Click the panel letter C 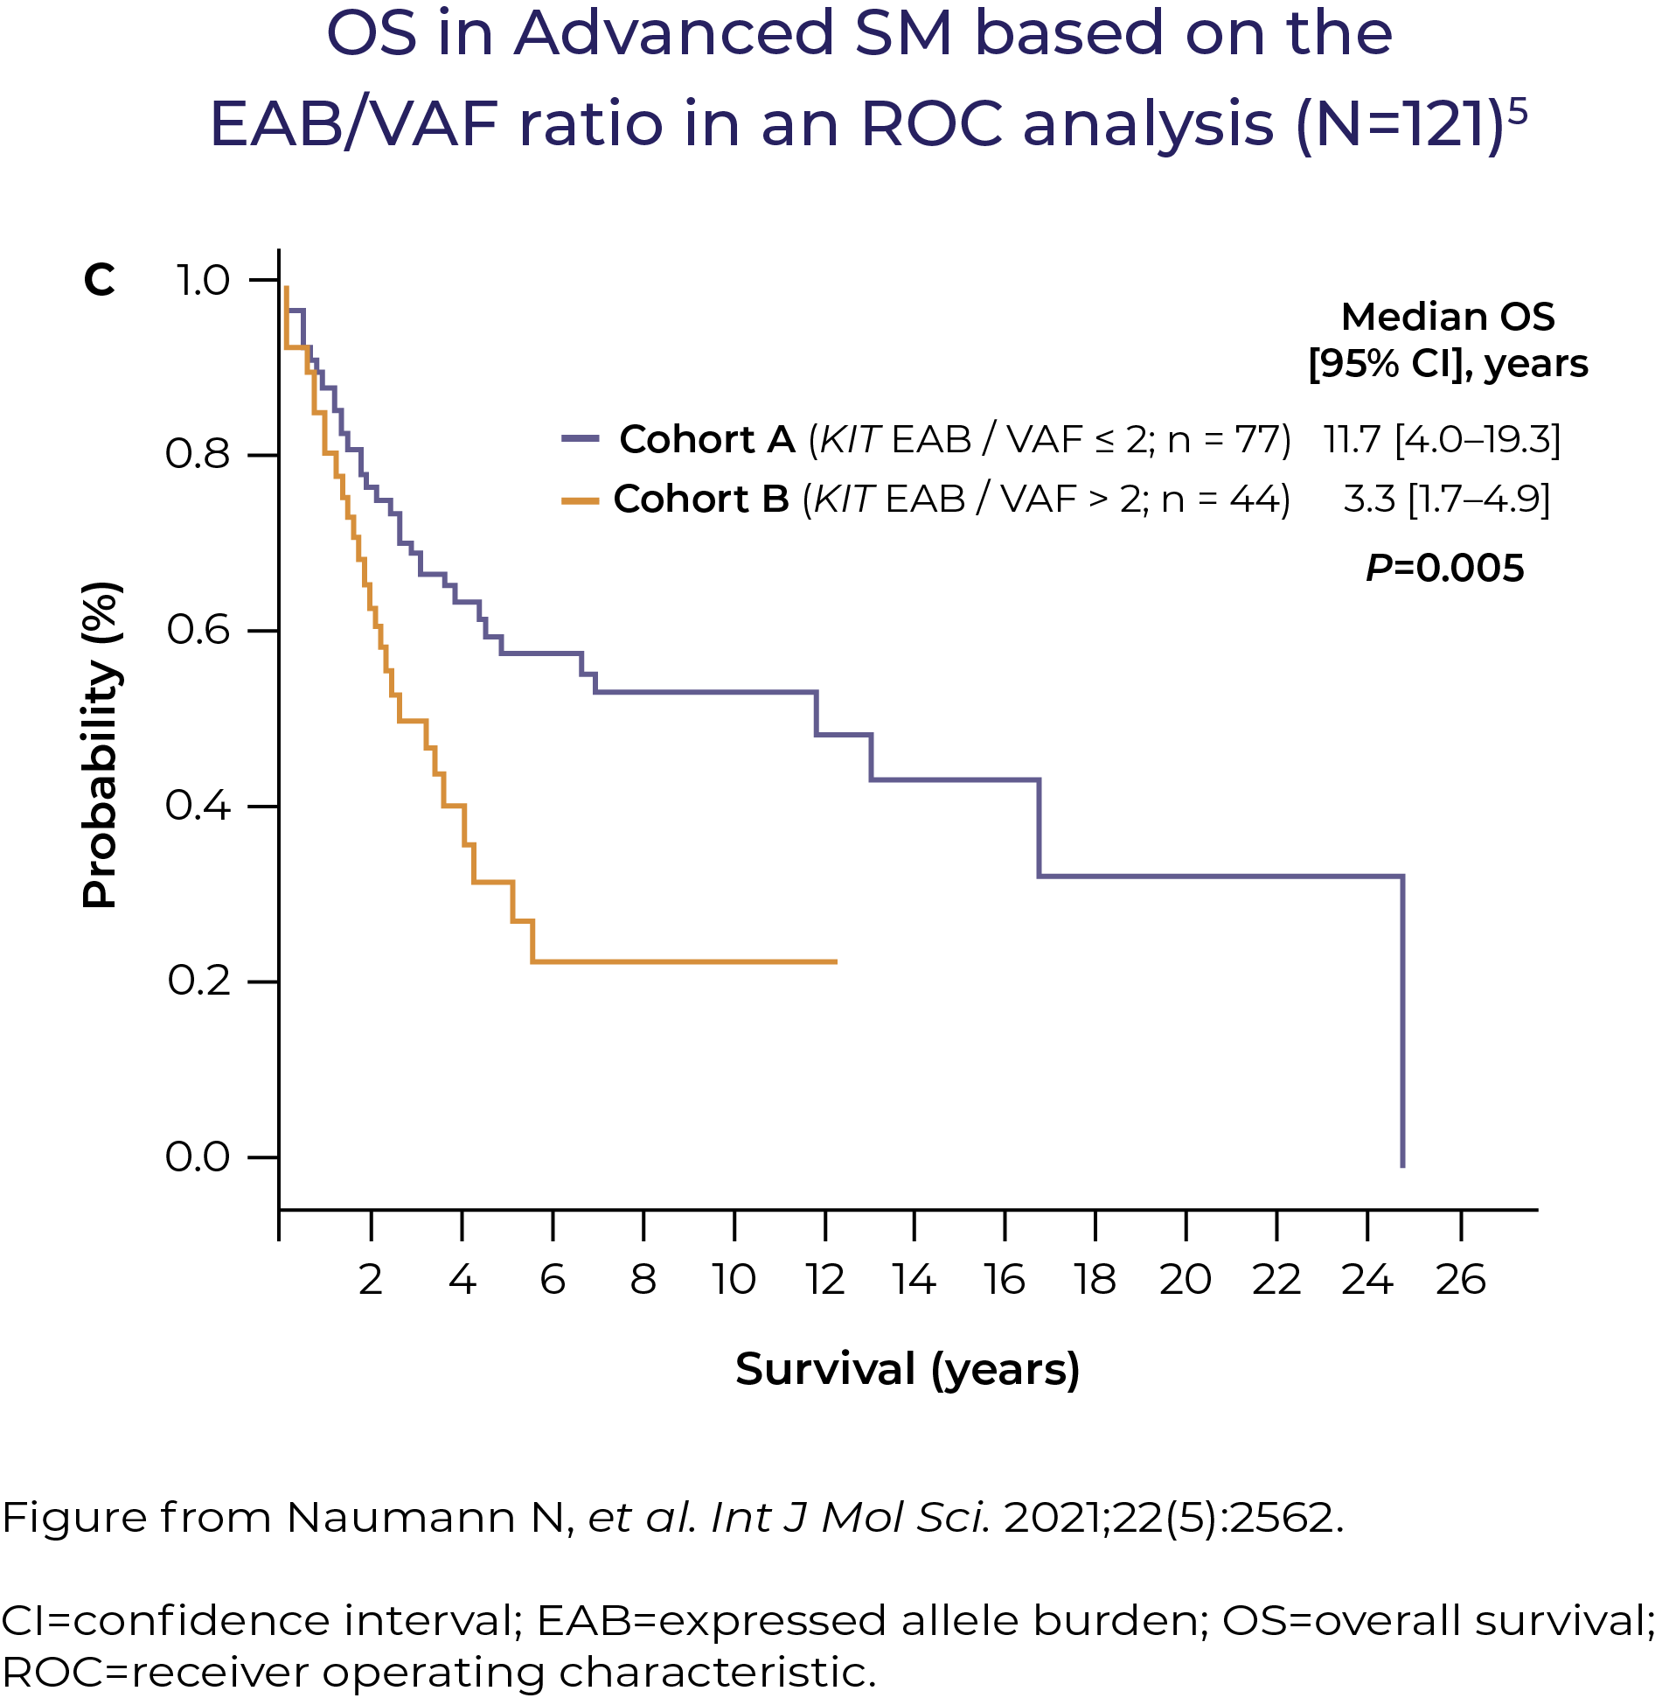pos(99,281)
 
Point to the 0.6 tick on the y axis pos(264,631)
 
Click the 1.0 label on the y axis pos(203,281)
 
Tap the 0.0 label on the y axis pos(198,1156)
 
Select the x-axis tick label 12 pos(824,1280)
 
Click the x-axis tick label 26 pos(1460,1280)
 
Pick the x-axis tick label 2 pos(371,1280)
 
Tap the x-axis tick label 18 pos(1095,1280)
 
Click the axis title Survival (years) pos(908,1369)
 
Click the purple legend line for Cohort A pos(581,437)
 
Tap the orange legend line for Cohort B pos(581,500)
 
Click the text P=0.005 pos(1444,569)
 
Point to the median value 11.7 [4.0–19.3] pos(1442,439)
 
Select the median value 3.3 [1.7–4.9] pos(1446,499)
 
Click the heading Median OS pos(1447,317)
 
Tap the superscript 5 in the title pos(1519,112)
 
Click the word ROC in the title pos(931,124)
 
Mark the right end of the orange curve pos(837,962)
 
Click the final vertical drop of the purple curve pos(1402,1022)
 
